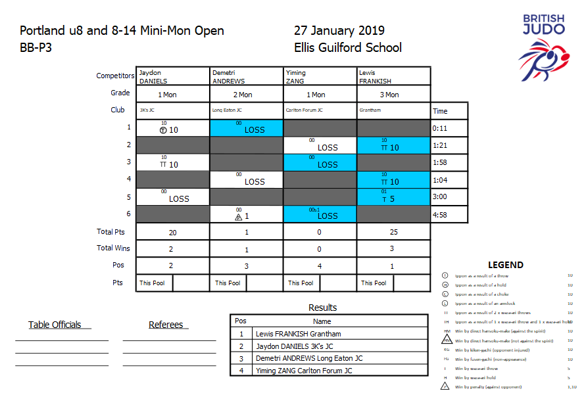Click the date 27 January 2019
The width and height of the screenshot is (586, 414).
tap(339, 31)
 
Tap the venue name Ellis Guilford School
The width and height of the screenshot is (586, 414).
tap(348, 47)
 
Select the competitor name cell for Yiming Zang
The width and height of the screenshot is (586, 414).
tap(320, 76)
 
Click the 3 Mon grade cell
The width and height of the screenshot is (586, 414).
tap(393, 95)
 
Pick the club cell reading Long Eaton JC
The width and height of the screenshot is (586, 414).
tap(247, 110)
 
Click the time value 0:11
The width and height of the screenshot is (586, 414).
tap(440, 129)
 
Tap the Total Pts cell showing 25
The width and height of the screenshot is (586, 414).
tap(393, 232)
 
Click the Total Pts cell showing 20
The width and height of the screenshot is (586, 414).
tap(172, 232)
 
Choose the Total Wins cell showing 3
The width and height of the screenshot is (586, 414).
tap(393, 249)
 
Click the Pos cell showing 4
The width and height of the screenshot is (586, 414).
tap(320, 265)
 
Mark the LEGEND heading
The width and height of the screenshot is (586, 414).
tap(505, 265)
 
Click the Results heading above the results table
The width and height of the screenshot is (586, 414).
tap(322, 308)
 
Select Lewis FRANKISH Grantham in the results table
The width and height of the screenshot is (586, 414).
tap(298, 334)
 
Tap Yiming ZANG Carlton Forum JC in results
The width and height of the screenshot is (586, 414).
tap(304, 371)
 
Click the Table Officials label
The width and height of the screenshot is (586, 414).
tap(55, 325)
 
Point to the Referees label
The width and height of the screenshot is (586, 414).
tap(166, 325)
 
